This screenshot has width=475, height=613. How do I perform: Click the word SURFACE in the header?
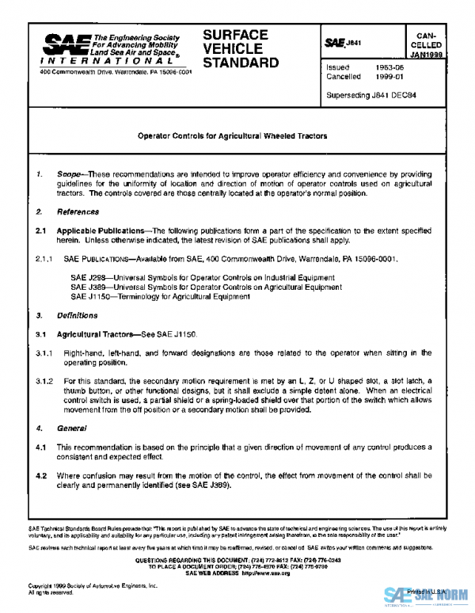[235, 36]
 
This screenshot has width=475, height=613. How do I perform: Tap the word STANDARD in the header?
[241, 63]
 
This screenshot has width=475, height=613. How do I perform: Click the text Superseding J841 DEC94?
[371, 95]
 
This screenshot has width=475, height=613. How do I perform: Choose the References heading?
[78, 212]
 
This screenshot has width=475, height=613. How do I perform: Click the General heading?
[70, 428]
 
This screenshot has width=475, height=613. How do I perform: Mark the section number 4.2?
[41, 475]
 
